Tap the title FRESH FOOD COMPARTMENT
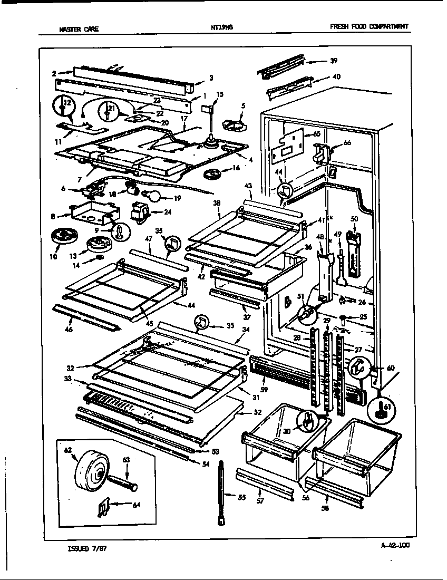(x=368, y=27)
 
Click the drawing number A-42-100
(x=394, y=546)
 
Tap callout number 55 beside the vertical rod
(x=241, y=497)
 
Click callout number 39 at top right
(x=333, y=61)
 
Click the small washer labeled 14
(x=100, y=260)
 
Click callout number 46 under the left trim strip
(x=69, y=330)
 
